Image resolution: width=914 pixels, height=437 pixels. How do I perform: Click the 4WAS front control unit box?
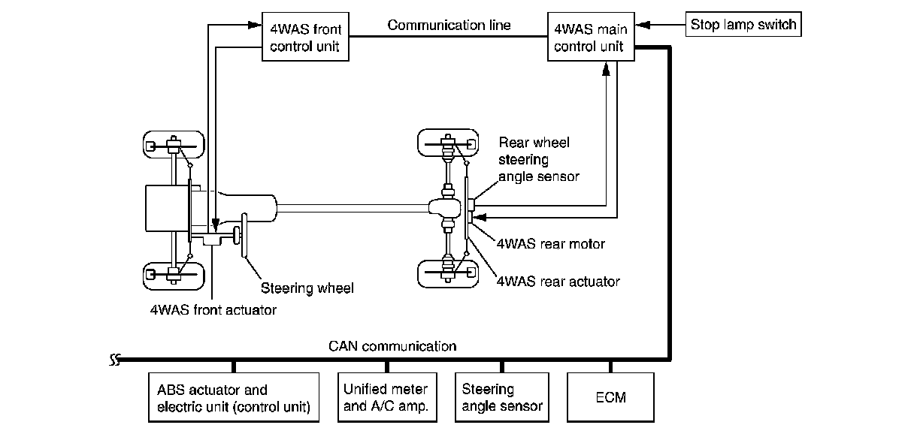click(304, 38)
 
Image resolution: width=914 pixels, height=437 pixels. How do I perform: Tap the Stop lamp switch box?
click(743, 25)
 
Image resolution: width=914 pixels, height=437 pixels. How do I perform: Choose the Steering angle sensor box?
click(501, 398)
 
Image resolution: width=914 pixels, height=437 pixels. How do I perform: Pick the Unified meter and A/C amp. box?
click(386, 398)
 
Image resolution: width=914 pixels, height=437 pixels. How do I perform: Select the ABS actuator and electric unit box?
click(234, 398)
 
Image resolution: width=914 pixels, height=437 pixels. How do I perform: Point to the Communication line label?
click(449, 25)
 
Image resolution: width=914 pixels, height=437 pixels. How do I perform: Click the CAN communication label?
click(392, 346)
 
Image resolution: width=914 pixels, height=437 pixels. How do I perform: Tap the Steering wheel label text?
click(307, 287)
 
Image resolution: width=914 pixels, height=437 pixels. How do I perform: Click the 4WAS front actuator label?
click(213, 309)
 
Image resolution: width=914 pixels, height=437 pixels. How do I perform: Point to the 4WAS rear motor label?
click(550, 243)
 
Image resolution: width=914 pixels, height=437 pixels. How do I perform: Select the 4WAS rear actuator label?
click(558, 281)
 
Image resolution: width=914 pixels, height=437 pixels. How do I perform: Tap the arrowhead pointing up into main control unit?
click(607, 69)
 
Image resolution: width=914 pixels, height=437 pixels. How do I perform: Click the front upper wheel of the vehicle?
click(174, 145)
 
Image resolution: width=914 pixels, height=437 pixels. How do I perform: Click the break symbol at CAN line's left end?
click(115, 359)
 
